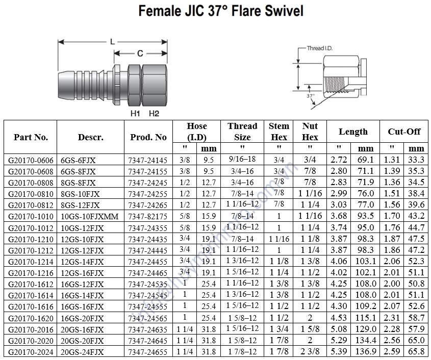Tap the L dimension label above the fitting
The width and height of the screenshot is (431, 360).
(112, 42)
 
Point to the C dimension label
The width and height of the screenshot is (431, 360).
(140, 53)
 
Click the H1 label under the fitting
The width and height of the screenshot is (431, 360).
(135, 114)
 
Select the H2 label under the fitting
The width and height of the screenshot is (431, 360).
(154, 114)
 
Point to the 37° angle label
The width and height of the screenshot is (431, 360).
(311, 96)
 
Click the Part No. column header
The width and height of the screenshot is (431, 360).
(31, 137)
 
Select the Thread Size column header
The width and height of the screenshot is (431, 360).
(242, 132)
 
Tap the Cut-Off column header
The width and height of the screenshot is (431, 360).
(404, 132)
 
